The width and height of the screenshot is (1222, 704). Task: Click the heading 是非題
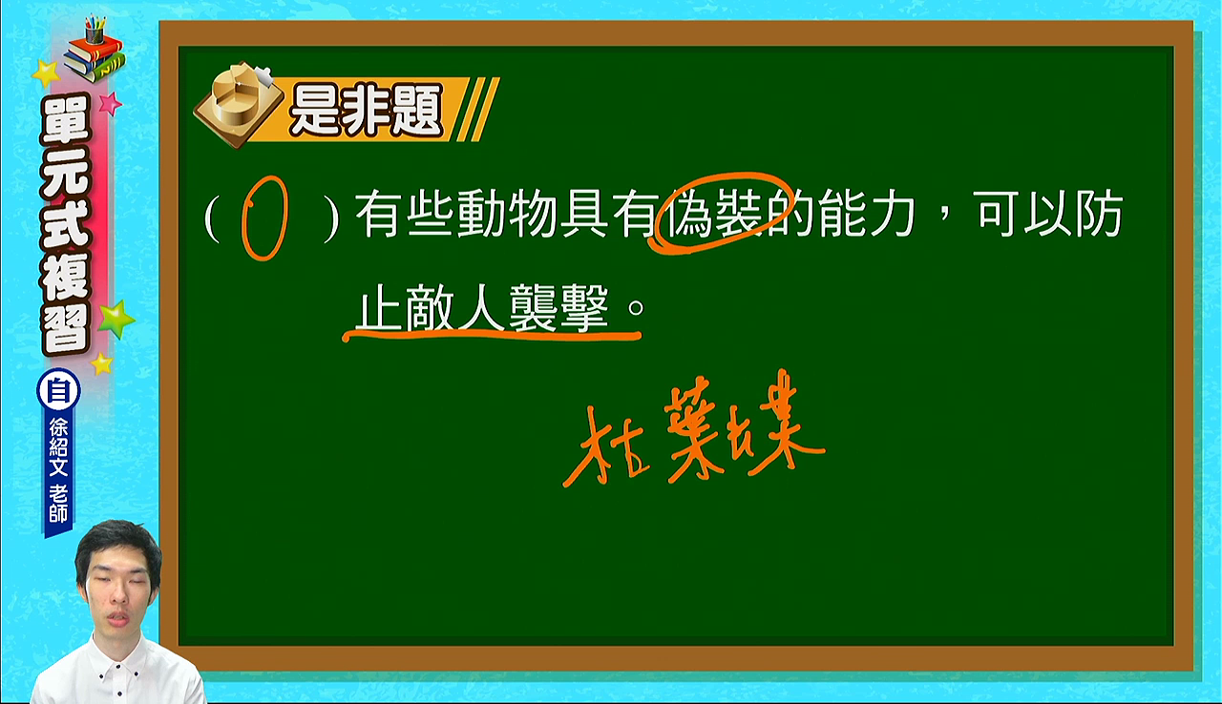click(x=366, y=111)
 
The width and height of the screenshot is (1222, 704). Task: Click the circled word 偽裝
click(x=711, y=214)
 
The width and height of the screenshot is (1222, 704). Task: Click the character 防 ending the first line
click(x=1099, y=214)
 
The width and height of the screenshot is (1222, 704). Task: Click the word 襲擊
click(x=558, y=308)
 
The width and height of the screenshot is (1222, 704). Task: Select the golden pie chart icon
click(x=239, y=104)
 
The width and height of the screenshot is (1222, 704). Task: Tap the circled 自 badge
click(x=58, y=391)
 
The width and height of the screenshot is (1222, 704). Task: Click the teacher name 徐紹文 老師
click(x=58, y=469)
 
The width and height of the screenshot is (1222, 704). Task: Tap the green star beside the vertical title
click(x=116, y=319)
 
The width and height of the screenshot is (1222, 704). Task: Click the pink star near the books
click(x=111, y=102)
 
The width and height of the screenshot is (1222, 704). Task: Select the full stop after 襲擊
click(x=636, y=308)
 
